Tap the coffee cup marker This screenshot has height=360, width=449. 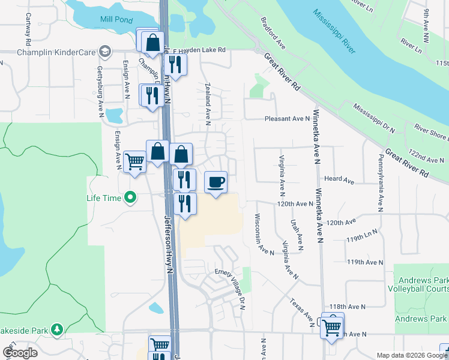click(x=216, y=182)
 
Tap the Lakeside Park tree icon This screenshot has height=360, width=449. click(x=57, y=329)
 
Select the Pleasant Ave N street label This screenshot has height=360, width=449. click(x=288, y=119)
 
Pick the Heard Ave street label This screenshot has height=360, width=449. click(x=340, y=179)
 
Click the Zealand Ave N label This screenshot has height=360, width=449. click(x=208, y=103)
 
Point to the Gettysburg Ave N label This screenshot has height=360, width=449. click(x=100, y=91)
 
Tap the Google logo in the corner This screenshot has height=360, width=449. click(x=19, y=353)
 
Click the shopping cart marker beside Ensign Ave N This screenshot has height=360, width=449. click(x=135, y=161)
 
